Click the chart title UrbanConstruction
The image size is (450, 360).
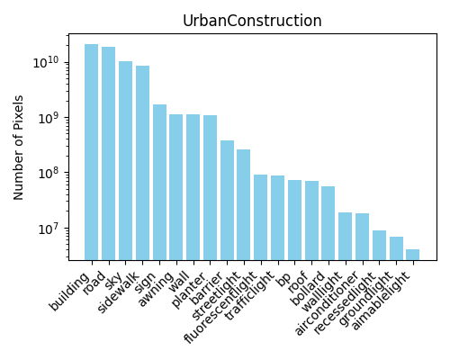point(252,21)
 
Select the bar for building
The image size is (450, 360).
point(91,152)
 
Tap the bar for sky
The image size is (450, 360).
point(125,161)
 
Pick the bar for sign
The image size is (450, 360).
point(159,183)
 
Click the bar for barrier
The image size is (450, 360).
point(227,201)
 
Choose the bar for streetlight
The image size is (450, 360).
point(243,205)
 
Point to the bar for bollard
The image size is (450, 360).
point(328,223)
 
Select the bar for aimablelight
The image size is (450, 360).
point(412,255)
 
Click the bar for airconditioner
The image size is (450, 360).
point(362,237)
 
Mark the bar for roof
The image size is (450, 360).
point(311,220)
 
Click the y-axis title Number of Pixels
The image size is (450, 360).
point(18,148)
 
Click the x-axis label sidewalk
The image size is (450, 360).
point(118,292)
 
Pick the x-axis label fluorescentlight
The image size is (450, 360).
point(220,307)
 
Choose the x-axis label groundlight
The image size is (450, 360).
point(365,299)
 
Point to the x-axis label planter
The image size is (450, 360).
point(187,290)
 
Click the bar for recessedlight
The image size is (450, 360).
point(379,245)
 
